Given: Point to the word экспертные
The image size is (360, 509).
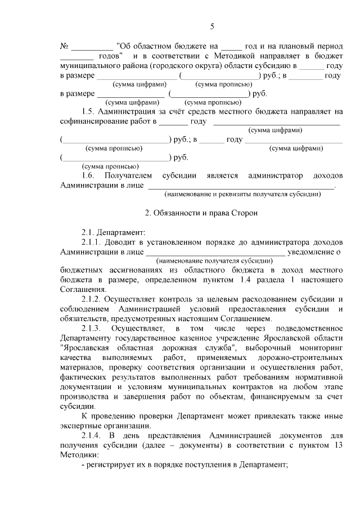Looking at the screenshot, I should coord(82,425).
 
